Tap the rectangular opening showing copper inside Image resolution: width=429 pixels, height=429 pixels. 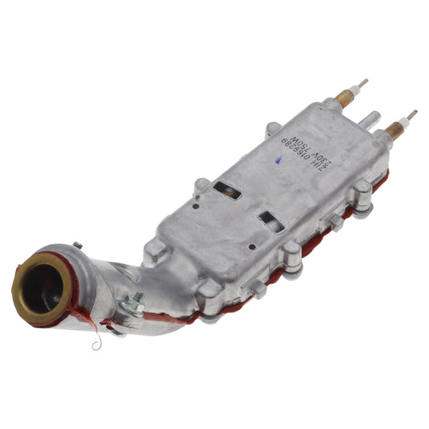coord(228,191)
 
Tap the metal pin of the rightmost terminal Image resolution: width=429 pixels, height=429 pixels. coord(411,115)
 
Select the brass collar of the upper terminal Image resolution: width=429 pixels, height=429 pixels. coord(344,97)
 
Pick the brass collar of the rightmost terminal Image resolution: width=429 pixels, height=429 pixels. coord(394,129)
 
